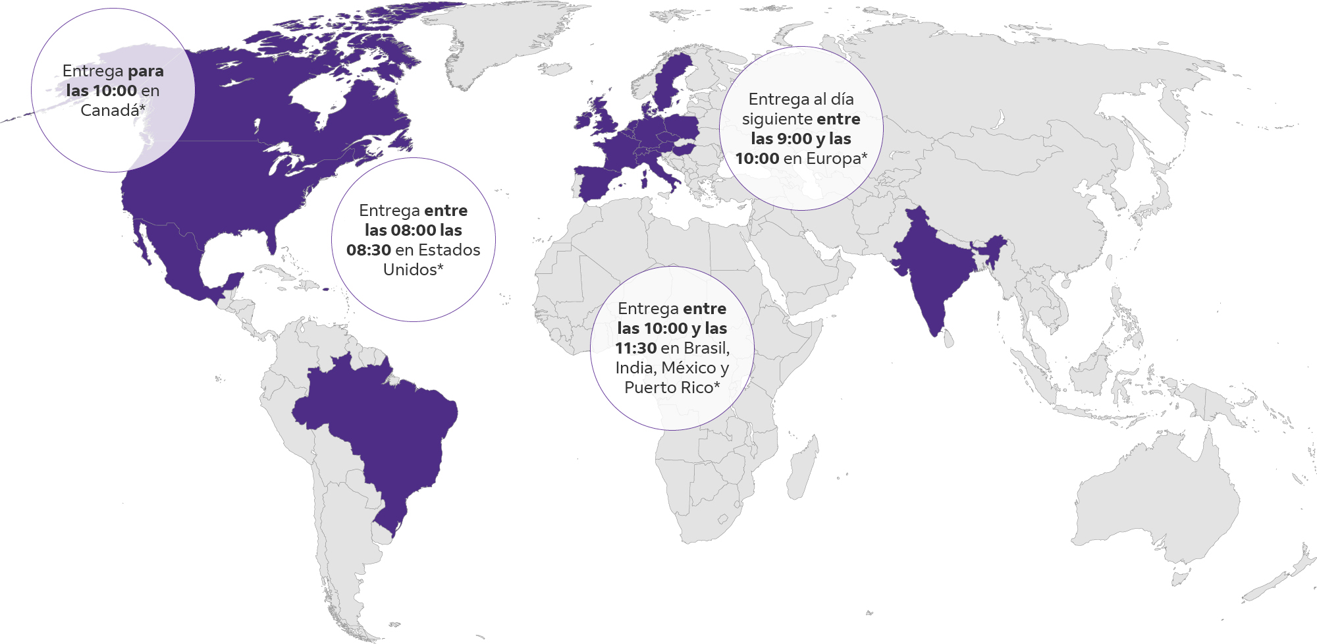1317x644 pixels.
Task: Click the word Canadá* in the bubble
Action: (113, 111)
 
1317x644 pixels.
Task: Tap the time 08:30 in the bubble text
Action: (369, 250)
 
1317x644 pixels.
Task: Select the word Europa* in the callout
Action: (836, 159)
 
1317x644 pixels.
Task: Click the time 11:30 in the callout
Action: (635, 348)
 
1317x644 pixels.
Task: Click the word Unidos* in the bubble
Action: (413, 270)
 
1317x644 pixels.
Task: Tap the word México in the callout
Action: (688, 368)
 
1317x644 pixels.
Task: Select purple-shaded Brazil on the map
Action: (382, 421)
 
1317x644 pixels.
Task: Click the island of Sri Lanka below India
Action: (948, 339)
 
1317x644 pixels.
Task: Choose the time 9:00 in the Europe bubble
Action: (793, 139)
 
